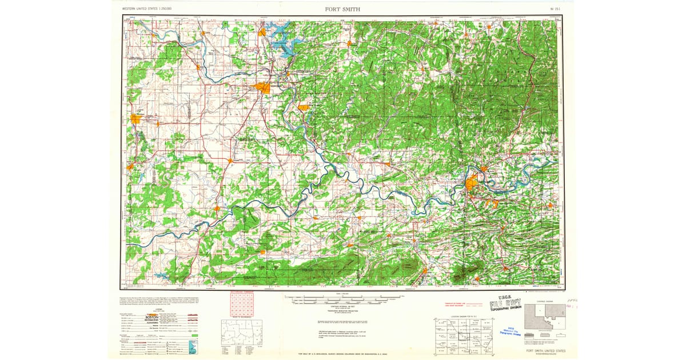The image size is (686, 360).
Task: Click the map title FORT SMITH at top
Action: tap(342, 9)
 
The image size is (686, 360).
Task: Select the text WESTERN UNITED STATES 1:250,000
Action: tap(147, 10)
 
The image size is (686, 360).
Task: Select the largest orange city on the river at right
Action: tap(473, 184)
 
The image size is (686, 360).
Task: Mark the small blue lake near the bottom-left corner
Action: tap(161, 276)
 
